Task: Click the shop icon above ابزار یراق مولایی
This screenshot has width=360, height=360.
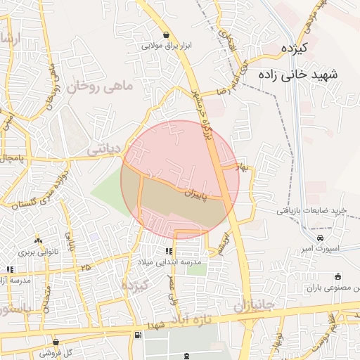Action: (x=166, y=35)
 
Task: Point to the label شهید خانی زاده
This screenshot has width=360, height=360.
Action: (x=298, y=73)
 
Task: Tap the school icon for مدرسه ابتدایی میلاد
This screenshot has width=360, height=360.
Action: (x=169, y=251)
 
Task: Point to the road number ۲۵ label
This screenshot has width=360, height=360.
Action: (x=86, y=267)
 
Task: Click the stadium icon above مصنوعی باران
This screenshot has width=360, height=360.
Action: (x=338, y=276)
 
